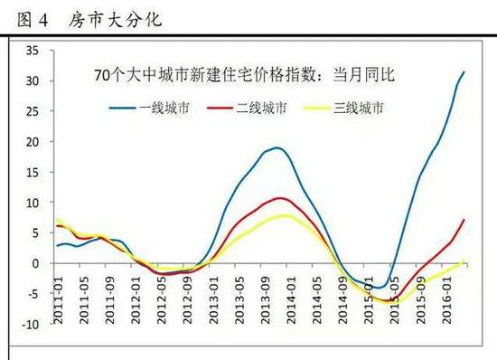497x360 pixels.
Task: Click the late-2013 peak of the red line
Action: [281, 197]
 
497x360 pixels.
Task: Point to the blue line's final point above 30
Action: [464, 71]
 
